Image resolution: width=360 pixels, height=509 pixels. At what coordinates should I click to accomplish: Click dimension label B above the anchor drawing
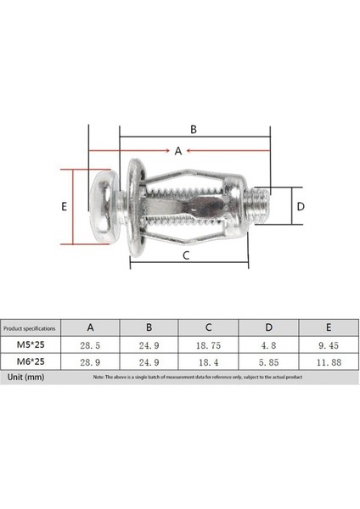194,130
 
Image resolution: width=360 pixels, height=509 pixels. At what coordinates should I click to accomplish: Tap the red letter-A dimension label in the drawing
178,151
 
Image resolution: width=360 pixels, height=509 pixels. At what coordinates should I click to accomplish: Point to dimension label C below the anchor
185,254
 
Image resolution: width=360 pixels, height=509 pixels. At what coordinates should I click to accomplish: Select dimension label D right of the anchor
300,206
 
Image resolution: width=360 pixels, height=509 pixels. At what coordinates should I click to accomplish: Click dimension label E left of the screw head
65,206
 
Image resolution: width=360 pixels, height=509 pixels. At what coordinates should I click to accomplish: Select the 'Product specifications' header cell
30,327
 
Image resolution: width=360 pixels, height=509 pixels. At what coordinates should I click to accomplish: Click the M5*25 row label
30,345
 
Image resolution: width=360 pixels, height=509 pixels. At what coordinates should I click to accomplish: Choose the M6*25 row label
30,361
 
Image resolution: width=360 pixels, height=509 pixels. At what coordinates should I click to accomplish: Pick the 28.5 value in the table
90,345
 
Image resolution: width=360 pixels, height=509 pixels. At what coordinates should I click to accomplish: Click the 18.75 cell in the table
209,345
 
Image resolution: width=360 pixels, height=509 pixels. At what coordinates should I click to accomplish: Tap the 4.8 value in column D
269,345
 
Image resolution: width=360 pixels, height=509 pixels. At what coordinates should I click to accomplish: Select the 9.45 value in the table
329,345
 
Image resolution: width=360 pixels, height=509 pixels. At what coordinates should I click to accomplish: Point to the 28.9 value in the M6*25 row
90,361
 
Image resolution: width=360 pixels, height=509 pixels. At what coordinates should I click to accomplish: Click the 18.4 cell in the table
209,361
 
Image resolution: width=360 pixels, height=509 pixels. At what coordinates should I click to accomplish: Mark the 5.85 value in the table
269,361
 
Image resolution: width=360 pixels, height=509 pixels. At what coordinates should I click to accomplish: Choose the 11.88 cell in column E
329,361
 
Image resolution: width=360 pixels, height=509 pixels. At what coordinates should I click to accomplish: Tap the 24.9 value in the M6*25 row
149,361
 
